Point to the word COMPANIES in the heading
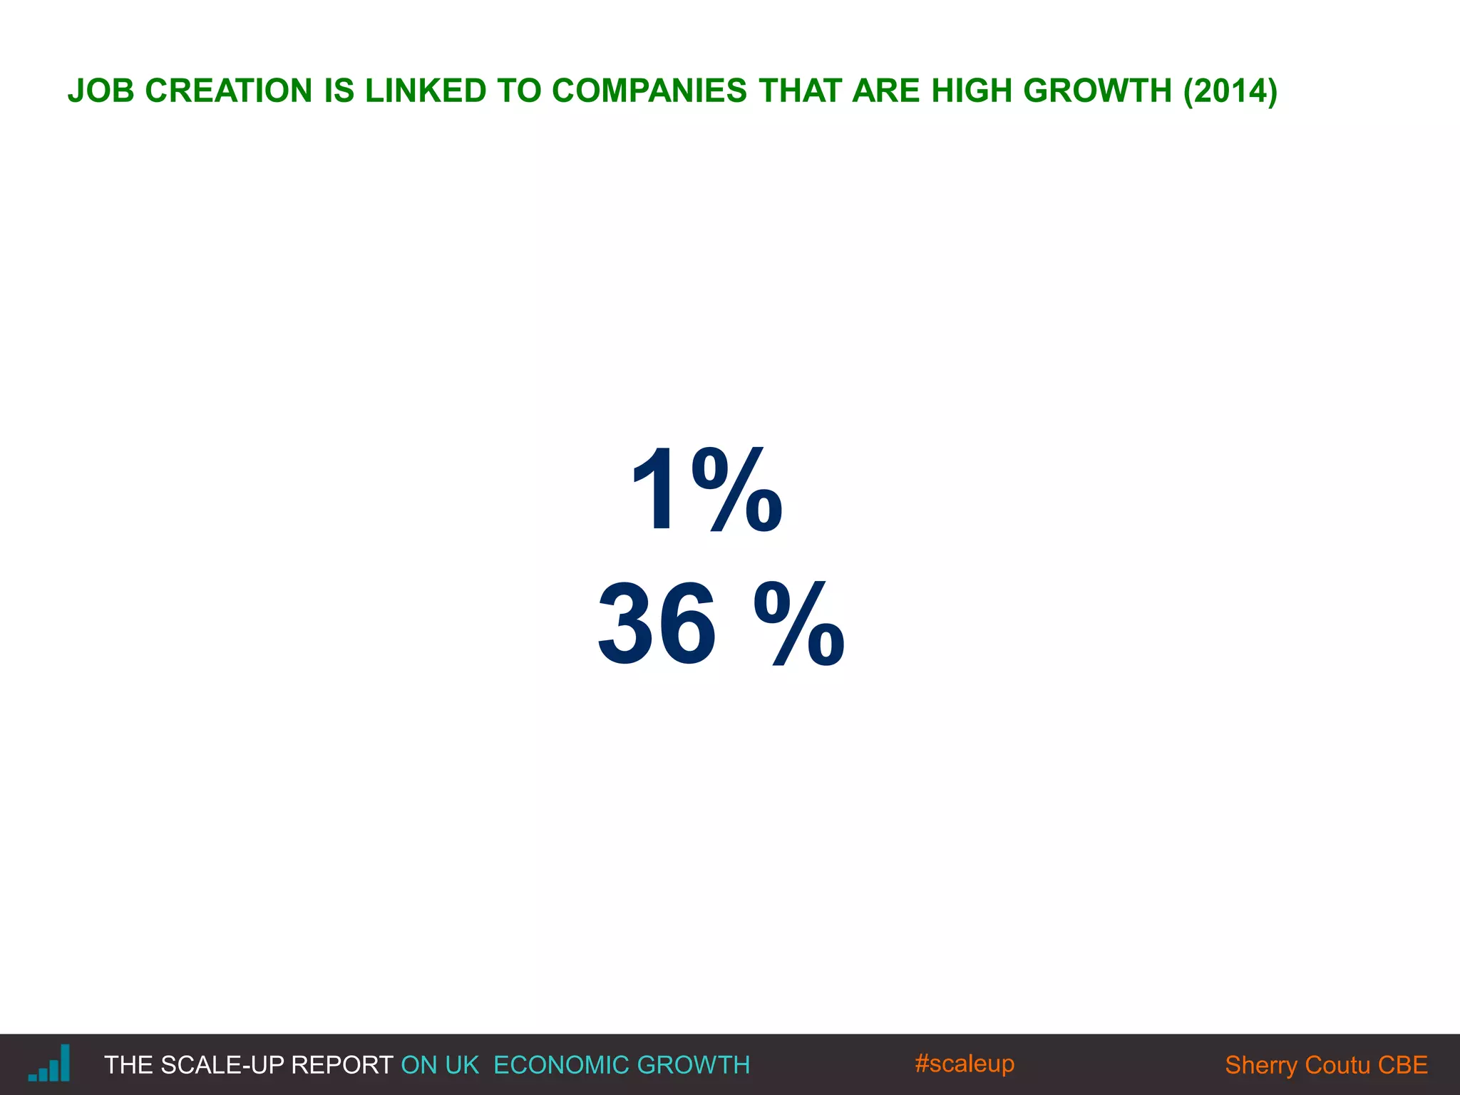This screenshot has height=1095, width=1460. click(x=649, y=91)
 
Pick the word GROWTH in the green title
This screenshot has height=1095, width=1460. click(x=1097, y=91)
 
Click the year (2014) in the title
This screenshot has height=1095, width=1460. click(x=1230, y=91)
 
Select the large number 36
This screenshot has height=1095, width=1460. click(x=657, y=624)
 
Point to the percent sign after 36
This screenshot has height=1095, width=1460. click(x=799, y=624)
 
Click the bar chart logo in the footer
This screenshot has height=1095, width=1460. click(x=50, y=1064)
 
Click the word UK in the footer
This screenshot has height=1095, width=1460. click(x=462, y=1065)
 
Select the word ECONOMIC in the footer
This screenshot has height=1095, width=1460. click(x=554, y=1065)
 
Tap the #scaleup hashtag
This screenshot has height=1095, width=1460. click(x=964, y=1064)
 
